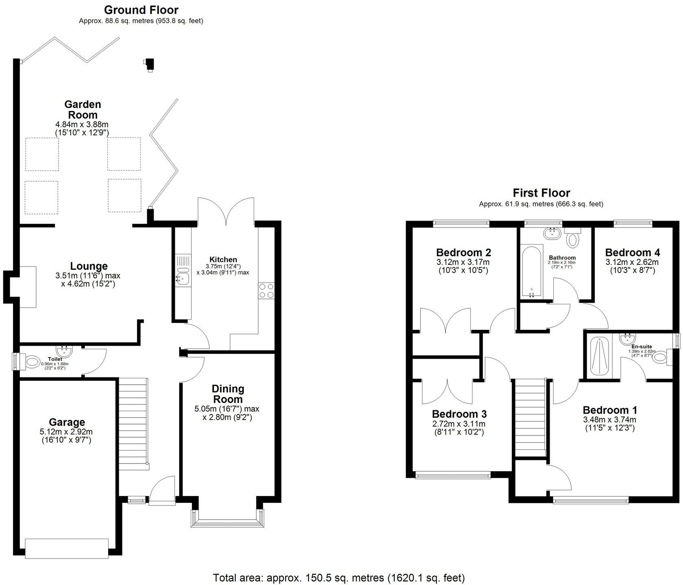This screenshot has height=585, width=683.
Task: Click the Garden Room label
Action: [82, 110]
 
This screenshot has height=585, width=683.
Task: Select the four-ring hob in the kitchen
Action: [266, 291]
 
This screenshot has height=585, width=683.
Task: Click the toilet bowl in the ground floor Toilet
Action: [32, 361]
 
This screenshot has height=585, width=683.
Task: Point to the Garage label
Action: [67, 422]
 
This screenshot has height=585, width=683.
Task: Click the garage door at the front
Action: [67, 548]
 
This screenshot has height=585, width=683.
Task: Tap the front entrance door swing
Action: [163, 490]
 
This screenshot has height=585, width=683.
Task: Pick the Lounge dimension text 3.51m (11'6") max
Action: [88, 275]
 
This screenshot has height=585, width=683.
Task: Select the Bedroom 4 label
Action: [632, 252]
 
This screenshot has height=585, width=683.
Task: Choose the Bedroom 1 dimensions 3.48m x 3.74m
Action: [609, 420]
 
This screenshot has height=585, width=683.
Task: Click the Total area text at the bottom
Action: [338, 577]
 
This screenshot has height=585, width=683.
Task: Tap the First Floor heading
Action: [541, 193]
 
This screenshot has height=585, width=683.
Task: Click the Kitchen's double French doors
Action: [226, 211]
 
